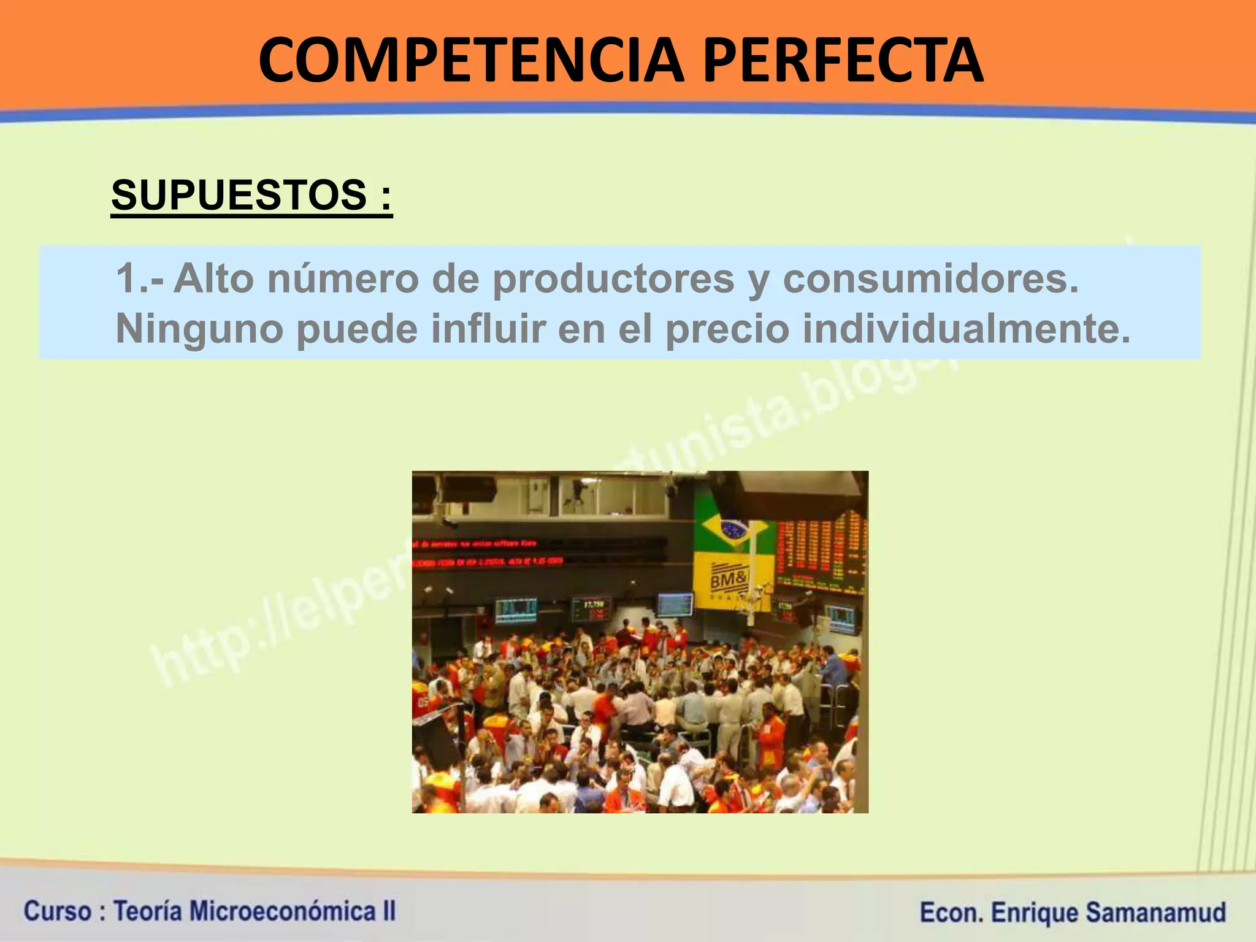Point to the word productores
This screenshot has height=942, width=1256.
[613, 280]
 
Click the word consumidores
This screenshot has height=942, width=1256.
[930, 278]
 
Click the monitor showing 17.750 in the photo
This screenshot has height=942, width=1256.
[591, 607]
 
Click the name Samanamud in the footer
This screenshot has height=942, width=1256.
[1155, 912]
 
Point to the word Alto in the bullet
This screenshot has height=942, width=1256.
[213, 278]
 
